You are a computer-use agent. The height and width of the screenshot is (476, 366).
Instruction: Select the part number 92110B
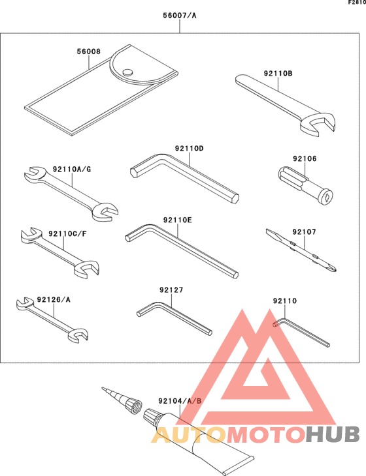(278, 74)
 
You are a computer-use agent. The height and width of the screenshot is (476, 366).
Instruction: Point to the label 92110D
(190, 149)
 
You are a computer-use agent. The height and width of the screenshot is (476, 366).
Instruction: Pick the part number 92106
(304, 158)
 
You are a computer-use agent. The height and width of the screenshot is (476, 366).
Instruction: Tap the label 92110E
(178, 220)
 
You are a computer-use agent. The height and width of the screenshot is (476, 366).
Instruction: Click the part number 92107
(304, 231)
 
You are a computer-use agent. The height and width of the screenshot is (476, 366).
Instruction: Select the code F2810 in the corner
(356, 3)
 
